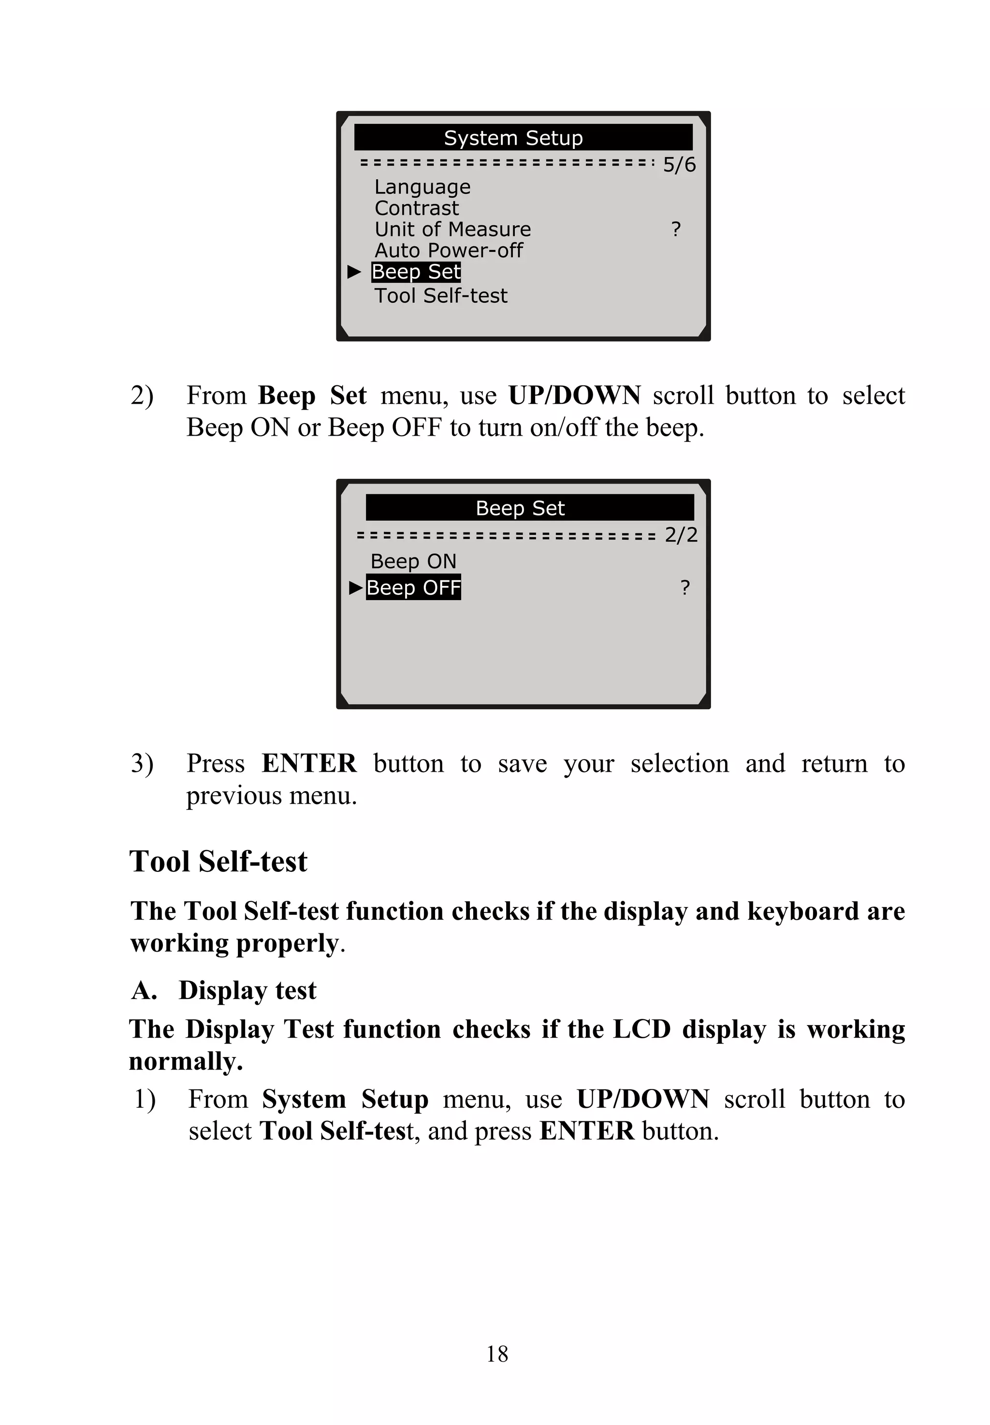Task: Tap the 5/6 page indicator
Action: pyautogui.click(x=679, y=165)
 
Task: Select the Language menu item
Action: pyautogui.click(x=422, y=187)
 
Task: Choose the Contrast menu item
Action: pyautogui.click(x=416, y=208)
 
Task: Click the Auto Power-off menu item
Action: pyautogui.click(x=449, y=250)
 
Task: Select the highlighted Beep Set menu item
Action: pyautogui.click(x=416, y=272)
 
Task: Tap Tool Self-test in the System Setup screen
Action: pyautogui.click(x=440, y=295)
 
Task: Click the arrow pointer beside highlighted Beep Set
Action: pyautogui.click(x=354, y=272)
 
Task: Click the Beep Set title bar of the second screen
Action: pyautogui.click(x=529, y=507)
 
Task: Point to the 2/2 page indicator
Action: pyautogui.click(x=681, y=535)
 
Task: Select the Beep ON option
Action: pyautogui.click(x=413, y=561)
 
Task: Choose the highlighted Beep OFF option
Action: pyautogui.click(x=413, y=587)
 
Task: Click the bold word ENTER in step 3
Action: pyautogui.click(x=308, y=763)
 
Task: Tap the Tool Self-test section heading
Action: pyautogui.click(x=218, y=861)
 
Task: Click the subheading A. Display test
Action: pyautogui.click(x=224, y=990)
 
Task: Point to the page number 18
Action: pyautogui.click(x=497, y=1353)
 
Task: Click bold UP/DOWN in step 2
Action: pyautogui.click(x=574, y=395)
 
